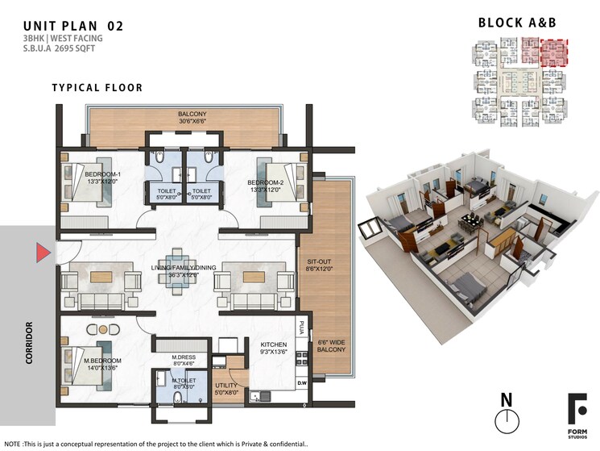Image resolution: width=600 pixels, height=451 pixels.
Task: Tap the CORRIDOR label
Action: coord(29,342)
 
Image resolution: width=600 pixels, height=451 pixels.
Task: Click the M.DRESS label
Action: coord(184,358)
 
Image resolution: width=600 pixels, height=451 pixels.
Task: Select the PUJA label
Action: coord(303,328)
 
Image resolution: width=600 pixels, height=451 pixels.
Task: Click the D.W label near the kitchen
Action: coord(302,382)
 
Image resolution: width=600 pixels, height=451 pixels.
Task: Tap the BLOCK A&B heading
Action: coord(518,23)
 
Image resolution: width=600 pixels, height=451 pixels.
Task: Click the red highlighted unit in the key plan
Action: coord(553,53)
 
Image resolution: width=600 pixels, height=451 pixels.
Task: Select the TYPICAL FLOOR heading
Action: coord(97,87)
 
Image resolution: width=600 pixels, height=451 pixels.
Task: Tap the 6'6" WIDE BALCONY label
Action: coord(331,345)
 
